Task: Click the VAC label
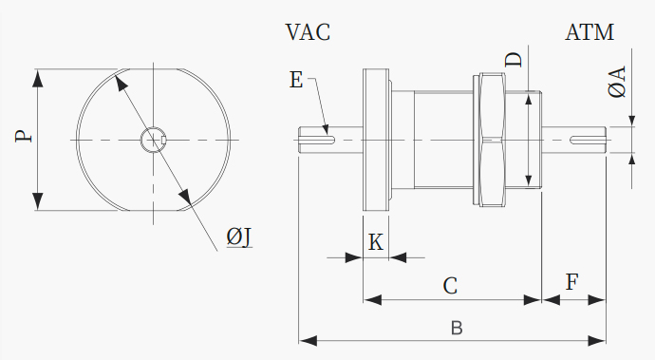click(x=308, y=32)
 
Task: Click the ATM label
click(x=589, y=32)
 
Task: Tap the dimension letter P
click(x=24, y=137)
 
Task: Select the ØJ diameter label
click(x=239, y=237)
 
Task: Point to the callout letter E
click(x=296, y=80)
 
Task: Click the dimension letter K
click(x=376, y=242)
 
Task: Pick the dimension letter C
click(x=450, y=286)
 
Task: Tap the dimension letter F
click(x=571, y=282)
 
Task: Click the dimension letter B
click(x=457, y=328)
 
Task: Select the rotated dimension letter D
click(x=514, y=60)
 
